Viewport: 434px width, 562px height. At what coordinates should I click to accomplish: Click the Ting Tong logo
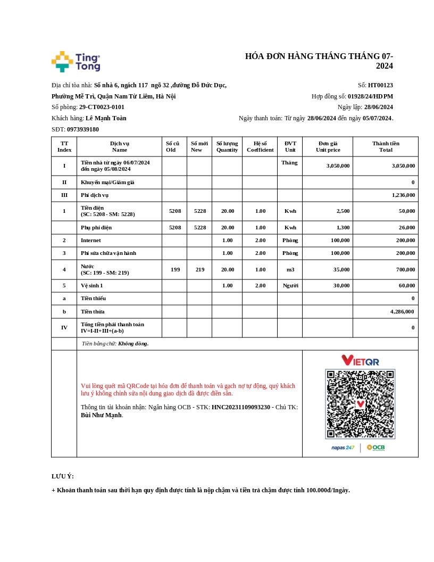click(x=76, y=62)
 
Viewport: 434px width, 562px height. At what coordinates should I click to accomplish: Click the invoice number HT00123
click(x=380, y=85)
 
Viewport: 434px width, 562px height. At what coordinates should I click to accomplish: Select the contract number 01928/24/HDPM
click(x=370, y=96)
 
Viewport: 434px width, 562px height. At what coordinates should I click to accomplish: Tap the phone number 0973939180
click(x=83, y=129)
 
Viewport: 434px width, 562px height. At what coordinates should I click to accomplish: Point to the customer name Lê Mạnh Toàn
click(x=106, y=118)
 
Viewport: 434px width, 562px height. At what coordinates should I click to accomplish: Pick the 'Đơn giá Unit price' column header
click(x=328, y=146)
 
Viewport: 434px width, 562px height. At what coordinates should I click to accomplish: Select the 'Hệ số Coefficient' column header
click(x=260, y=146)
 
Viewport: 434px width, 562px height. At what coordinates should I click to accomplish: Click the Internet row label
click(x=90, y=241)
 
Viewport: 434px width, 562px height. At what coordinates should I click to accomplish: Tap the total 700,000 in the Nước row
click(x=405, y=270)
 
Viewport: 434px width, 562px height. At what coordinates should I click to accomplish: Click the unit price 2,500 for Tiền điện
click(x=343, y=211)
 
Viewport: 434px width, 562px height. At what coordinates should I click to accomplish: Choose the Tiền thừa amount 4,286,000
click(x=402, y=312)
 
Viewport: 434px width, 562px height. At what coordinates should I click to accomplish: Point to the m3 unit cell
click(x=290, y=270)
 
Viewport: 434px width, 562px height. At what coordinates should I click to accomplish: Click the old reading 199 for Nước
click(x=175, y=270)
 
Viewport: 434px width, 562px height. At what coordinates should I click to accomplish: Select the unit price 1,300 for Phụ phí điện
click(x=343, y=228)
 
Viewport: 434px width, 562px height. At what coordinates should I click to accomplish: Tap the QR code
click(x=360, y=404)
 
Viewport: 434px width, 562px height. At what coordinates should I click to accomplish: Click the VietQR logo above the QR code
click(x=360, y=361)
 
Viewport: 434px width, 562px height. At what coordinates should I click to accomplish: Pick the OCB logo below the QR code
click(x=375, y=448)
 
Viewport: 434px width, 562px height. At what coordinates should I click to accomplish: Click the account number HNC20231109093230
click(x=241, y=407)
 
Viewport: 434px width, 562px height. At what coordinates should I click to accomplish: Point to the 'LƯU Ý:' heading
click(x=63, y=476)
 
